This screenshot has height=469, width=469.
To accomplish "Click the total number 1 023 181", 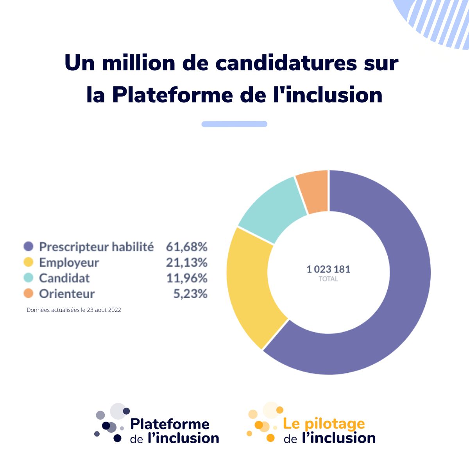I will click(x=328, y=269).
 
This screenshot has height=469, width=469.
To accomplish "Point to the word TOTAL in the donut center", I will click(x=328, y=279).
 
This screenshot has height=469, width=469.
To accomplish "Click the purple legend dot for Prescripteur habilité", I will click(x=29, y=247).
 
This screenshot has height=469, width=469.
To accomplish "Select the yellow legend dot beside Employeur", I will click(x=29, y=262).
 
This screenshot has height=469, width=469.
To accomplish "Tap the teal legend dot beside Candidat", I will click(x=29, y=278).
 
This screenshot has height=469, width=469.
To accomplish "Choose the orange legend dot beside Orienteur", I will click(x=29, y=294).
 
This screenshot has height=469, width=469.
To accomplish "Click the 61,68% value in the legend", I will click(x=186, y=247).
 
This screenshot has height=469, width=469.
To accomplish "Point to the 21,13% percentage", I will click(x=186, y=262).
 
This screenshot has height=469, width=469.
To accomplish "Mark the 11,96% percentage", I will click(x=186, y=278).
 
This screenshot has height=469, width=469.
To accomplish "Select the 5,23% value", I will click(x=190, y=294).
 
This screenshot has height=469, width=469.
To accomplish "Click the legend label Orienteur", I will click(x=67, y=294).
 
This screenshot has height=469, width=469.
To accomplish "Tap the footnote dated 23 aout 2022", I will click(x=74, y=310).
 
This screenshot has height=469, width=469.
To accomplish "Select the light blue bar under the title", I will click(x=234, y=124).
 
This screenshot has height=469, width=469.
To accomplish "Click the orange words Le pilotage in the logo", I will click(x=324, y=424).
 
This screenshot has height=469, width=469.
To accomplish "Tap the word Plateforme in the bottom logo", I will click(x=170, y=424).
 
